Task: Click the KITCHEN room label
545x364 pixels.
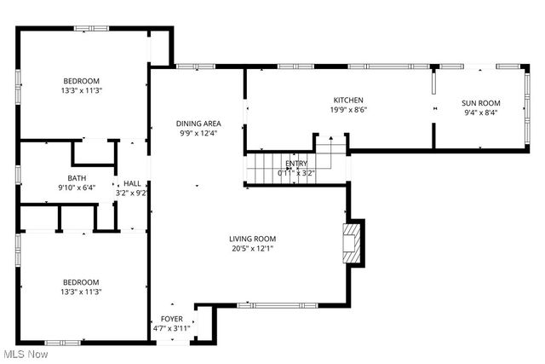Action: point(348,100)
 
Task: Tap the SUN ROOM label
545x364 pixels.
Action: point(481,102)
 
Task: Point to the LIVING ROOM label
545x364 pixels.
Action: point(252,239)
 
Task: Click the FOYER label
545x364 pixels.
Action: point(171,318)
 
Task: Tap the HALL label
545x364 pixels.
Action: point(132,182)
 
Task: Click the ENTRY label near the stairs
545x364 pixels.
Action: point(296,163)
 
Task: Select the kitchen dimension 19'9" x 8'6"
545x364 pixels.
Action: point(348,110)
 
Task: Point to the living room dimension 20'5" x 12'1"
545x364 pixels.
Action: point(252,249)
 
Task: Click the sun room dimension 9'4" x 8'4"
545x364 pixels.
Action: point(481,112)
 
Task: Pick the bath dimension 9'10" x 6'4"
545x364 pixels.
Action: point(76,188)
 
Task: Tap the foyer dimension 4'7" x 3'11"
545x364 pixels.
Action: point(171,328)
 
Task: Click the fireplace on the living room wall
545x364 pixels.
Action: point(352,246)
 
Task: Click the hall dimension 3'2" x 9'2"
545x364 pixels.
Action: point(132,193)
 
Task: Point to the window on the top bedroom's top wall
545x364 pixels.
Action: point(91,28)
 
